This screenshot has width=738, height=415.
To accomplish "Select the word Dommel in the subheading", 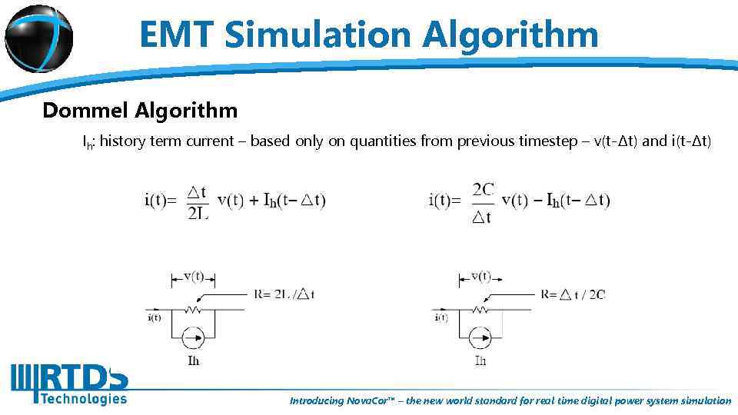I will tap(85, 111).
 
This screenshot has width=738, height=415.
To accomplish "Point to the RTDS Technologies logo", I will tap(69, 383).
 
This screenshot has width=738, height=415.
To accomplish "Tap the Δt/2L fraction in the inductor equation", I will tap(198, 201).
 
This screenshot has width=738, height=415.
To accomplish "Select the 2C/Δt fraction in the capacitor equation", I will tap(483, 201).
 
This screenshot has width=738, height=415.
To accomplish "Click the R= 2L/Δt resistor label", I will tap(284, 294).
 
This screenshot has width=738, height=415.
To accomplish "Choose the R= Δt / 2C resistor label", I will tap(573, 294).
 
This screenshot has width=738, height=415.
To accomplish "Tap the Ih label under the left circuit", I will tap(193, 360).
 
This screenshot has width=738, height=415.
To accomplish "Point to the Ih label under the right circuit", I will tap(480, 360).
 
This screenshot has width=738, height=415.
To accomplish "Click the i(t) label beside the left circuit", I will tap(155, 317).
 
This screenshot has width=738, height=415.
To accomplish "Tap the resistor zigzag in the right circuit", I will tap(480, 310).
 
